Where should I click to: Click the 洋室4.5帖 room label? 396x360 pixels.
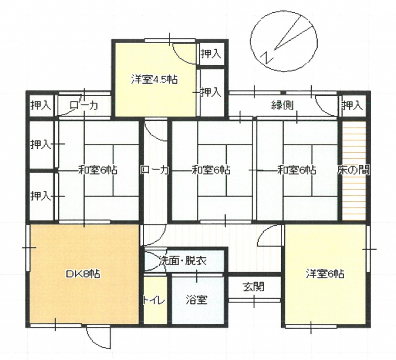click(154, 79)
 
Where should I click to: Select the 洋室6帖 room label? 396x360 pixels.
click(325, 273)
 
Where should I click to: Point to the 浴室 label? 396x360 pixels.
click(197, 300)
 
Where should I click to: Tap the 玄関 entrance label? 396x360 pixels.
click(254, 287)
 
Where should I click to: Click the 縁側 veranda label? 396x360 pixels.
click(282, 105)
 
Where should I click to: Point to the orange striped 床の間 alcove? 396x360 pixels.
click(354, 171)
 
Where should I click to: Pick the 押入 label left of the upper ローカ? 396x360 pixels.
click(41, 105)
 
